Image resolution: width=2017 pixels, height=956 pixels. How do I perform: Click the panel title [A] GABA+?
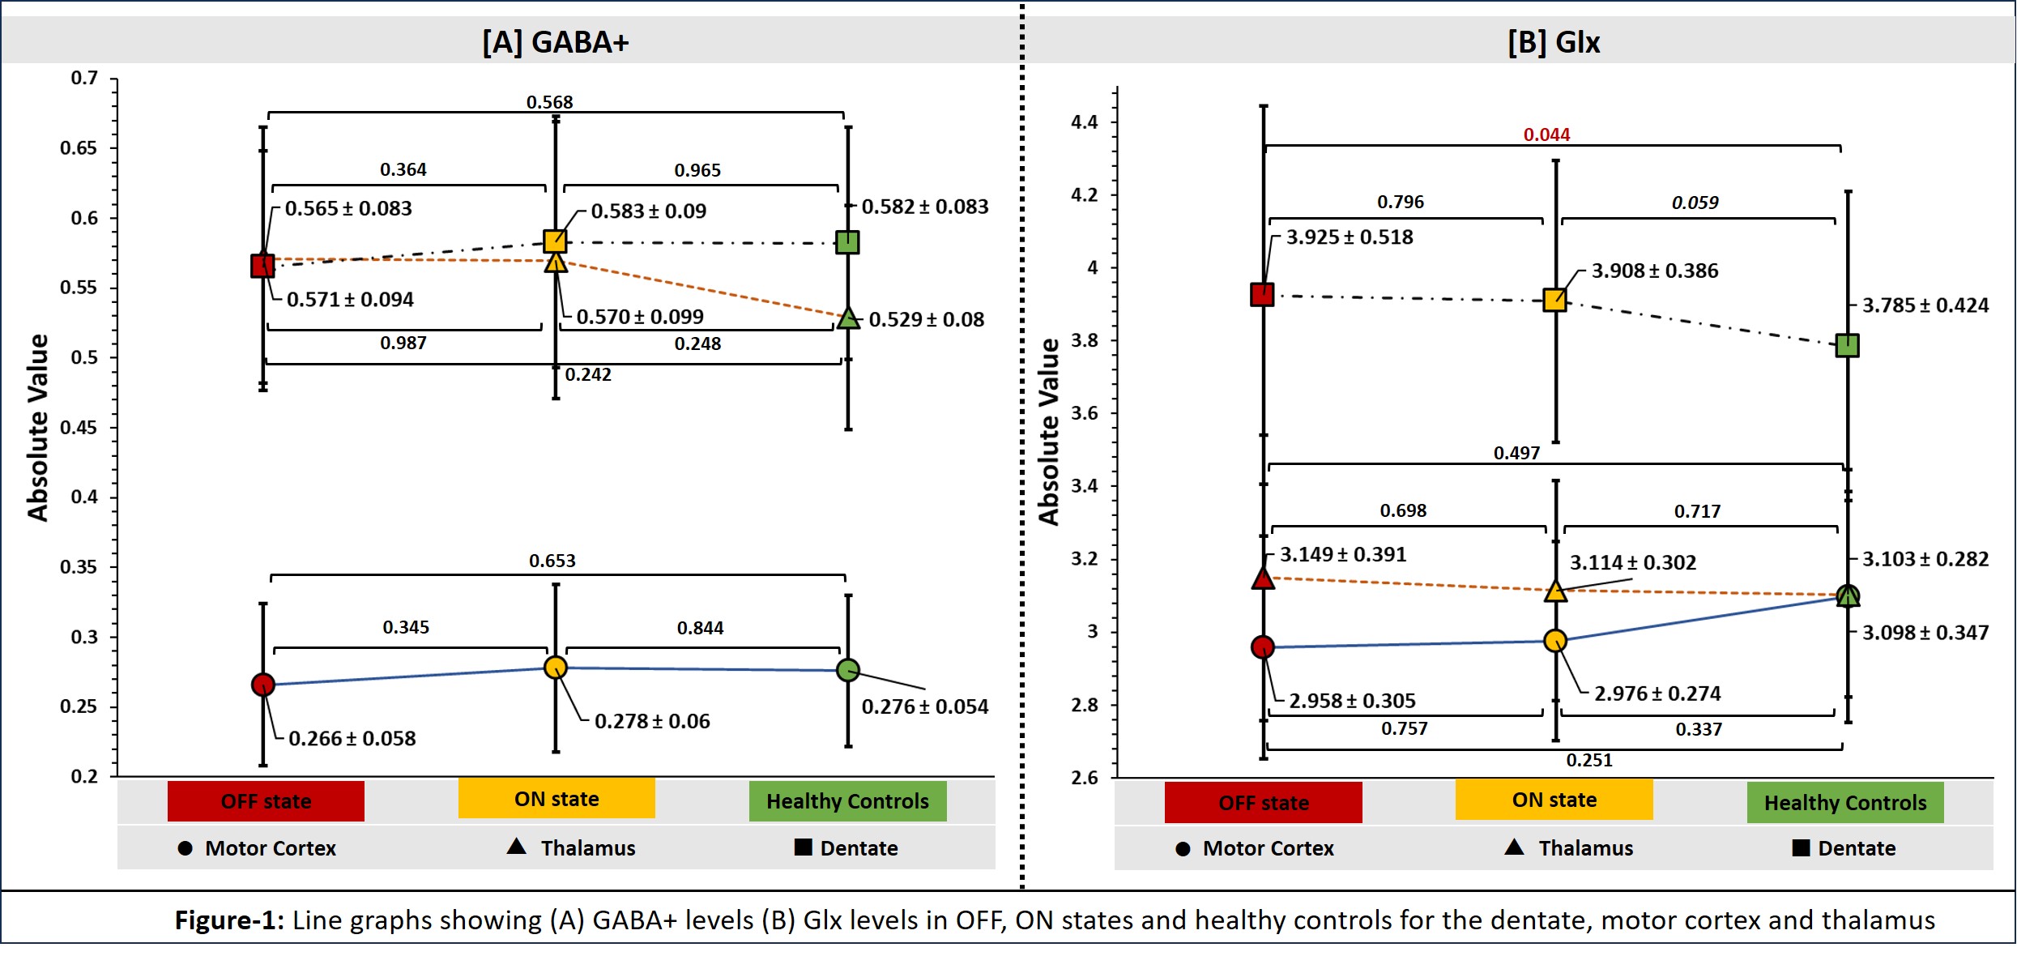click(556, 42)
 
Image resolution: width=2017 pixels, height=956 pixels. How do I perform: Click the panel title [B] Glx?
click(1554, 42)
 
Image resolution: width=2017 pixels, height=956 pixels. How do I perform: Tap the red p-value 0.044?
click(1546, 134)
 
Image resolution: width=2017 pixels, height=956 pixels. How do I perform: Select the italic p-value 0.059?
click(1695, 203)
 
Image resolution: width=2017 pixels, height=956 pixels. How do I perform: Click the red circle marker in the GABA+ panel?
click(263, 685)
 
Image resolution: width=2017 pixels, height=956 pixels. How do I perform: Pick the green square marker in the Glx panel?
click(1847, 346)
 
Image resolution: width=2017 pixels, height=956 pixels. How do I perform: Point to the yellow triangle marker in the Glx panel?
click(1554, 591)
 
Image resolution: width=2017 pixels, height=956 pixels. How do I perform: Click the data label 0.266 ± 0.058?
click(352, 739)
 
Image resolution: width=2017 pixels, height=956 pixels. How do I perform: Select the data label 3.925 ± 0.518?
click(1350, 237)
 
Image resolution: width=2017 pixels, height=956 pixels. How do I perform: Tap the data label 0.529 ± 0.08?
click(927, 320)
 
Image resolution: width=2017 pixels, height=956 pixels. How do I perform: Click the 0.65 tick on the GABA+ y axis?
click(79, 148)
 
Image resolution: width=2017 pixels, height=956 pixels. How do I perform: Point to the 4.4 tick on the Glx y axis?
click(1084, 122)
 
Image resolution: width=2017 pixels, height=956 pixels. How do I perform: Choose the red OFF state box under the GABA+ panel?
click(266, 801)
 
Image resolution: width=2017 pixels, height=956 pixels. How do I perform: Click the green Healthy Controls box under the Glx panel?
click(1845, 803)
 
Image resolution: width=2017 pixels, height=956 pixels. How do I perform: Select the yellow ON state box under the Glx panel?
click(1554, 800)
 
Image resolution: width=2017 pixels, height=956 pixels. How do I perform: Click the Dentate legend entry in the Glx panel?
click(1844, 848)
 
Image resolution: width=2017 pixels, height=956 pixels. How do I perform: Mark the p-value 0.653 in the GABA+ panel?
click(552, 561)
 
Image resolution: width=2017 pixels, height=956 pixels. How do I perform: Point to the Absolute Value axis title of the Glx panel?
click(1048, 432)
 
